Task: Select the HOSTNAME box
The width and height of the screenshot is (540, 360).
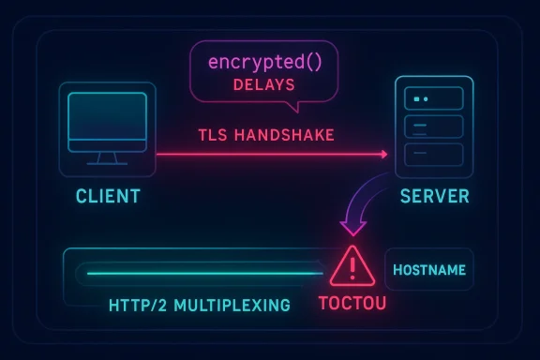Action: coord(429,270)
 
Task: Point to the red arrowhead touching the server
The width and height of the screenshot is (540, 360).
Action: coord(382,153)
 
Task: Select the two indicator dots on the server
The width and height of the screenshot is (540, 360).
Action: coord(420,97)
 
